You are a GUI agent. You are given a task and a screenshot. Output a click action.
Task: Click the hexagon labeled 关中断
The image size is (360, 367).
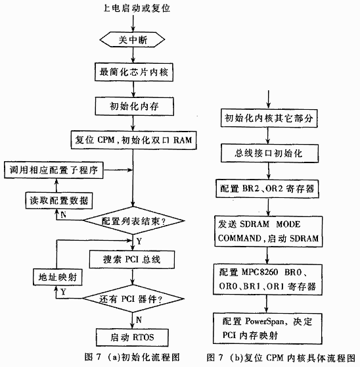[x=132, y=39]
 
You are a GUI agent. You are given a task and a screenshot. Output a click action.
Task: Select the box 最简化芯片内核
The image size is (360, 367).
[x=134, y=72]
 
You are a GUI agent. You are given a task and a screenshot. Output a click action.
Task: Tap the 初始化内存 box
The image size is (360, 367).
[x=134, y=107]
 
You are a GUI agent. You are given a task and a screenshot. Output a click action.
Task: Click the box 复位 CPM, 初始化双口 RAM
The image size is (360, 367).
[x=134, y=140]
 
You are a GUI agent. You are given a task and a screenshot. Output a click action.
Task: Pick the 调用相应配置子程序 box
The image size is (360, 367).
[x=53, y=170]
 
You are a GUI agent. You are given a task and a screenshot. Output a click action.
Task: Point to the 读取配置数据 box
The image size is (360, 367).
[x=59, y=201]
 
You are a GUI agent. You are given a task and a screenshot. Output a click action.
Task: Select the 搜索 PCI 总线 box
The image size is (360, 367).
[x=132, y=259]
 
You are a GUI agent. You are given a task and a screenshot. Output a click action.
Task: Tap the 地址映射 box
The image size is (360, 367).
[x=58, y=277]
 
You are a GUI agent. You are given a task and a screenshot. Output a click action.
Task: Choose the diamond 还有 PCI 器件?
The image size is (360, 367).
[x=133, y=299]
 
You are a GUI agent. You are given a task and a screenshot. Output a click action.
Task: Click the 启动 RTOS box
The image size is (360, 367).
[x=132, y=337]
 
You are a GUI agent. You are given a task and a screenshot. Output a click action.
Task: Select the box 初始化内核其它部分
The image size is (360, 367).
[x=269, y=118]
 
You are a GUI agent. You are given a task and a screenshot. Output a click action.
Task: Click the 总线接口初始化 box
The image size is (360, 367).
[x=269, y=153]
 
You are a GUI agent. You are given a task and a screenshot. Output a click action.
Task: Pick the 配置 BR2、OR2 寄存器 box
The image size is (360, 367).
[x=267, y=189]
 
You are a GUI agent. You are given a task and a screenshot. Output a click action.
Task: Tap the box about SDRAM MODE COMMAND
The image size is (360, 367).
[x=269, y=232]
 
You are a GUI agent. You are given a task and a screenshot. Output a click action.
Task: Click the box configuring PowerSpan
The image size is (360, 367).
[x=267, y=328]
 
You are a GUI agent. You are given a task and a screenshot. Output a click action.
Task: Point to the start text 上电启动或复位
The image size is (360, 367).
[x=137, y=9]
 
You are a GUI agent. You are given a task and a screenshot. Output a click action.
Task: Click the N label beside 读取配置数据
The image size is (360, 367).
[x=63, y=214]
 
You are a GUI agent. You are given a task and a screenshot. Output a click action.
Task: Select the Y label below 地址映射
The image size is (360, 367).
[x=63, y=292]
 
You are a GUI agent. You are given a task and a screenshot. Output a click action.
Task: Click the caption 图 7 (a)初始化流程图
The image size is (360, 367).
[x=132, y=357]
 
